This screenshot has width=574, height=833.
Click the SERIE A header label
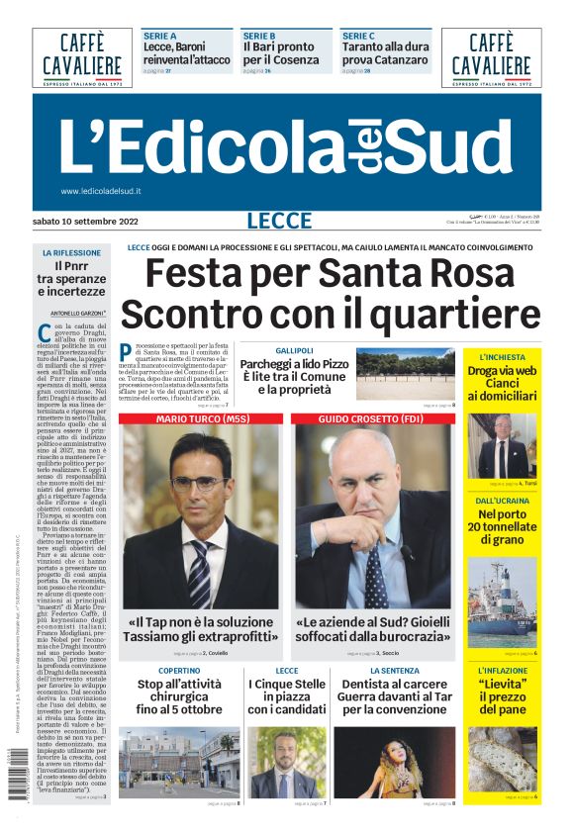[x=159, y=36]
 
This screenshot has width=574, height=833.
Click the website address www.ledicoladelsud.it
[x=101, y=191]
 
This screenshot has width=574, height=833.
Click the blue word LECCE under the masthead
[x=279, y=221]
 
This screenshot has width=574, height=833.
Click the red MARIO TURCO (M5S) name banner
[x=201, y=419]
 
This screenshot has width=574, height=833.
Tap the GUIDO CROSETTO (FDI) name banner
[x=374, y=419]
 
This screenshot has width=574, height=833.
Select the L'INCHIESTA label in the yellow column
[x=504, y=356]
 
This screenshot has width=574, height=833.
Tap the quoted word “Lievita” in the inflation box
[x=502, y=685]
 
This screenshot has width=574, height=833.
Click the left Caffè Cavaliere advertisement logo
[x=81, y=56]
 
